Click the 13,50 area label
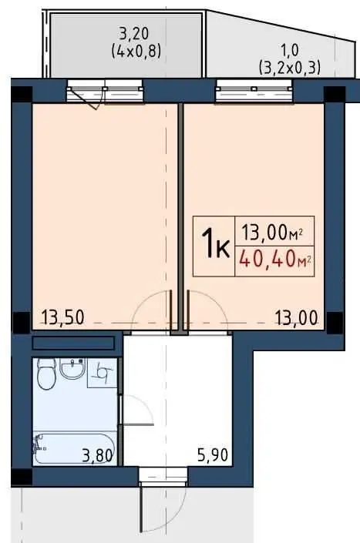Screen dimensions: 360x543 [62, 317]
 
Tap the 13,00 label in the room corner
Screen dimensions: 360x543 [297, 317]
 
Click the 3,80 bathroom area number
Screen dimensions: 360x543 [97, 456]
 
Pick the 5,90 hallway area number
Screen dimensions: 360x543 [213, 454]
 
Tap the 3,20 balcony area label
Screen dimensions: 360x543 [133, 34]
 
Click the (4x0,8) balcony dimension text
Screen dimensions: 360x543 [136, 52]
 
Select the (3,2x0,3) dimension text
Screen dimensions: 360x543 [290, 68]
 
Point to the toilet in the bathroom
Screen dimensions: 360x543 [47, 374]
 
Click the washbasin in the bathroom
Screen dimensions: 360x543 [72, 368]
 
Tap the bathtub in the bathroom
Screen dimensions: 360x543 [74, 448]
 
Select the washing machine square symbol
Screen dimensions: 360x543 [103, 373]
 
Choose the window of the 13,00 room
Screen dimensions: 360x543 [254, 91]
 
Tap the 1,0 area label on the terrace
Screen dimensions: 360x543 [289, 51]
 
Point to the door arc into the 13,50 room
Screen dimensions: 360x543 [146, 301]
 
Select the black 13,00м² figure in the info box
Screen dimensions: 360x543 [271, 233]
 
